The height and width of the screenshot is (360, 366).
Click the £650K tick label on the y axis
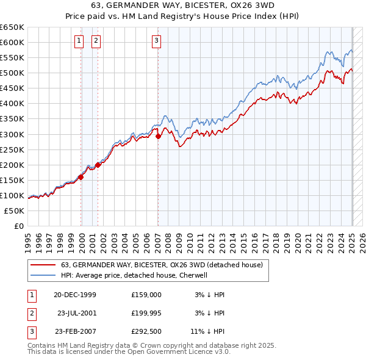12,27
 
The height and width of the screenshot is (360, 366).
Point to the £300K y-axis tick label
12,134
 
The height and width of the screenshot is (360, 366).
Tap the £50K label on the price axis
15,211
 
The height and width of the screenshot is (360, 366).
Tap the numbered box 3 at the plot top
157,41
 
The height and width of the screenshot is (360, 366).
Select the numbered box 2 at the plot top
96,41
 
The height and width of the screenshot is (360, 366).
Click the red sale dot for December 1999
81,177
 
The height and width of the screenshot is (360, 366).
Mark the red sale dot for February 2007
158,137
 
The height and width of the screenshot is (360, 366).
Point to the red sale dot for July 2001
98,165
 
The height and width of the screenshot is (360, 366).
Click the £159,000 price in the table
146,295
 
